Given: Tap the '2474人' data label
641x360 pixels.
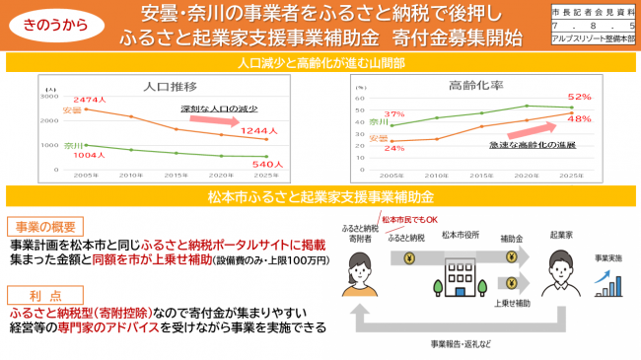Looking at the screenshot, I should tap(82, 102).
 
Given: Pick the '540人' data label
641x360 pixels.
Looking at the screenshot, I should tap(267, 164).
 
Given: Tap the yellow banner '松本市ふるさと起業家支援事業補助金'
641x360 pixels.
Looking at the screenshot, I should tap(320, 196).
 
